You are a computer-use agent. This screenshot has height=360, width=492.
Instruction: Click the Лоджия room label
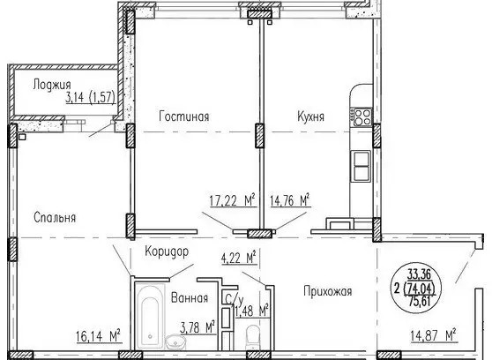pos(52,85)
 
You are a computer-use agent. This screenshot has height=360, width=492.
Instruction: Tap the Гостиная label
pos(184,116)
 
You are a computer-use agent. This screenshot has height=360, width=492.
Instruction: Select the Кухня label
pos(310,116)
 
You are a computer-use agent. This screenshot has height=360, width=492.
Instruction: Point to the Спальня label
pos(55,217)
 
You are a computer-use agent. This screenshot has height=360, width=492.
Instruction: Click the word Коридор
pos(167,251)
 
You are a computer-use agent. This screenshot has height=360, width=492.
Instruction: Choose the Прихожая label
pos(328,291)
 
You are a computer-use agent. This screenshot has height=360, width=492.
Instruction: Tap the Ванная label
pos(190,298)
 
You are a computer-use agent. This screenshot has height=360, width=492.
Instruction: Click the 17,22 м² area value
pos(232,200)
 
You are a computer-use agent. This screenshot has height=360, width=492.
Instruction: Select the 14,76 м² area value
pos(290,200)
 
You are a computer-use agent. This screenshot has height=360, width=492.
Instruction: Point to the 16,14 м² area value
pos(99,336)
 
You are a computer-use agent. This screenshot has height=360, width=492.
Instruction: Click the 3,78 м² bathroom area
pos(198,328)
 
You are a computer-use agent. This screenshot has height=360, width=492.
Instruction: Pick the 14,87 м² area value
pos(433,335)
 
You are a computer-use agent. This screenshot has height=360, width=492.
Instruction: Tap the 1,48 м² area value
pos(252,311)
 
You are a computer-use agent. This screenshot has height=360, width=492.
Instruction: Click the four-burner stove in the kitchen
pos(361,116)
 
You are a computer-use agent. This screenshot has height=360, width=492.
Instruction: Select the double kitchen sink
pos(362,165)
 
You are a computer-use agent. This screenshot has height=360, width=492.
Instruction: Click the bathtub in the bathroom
pos(150,318)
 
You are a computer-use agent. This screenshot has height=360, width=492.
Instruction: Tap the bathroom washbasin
pos(175,342)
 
